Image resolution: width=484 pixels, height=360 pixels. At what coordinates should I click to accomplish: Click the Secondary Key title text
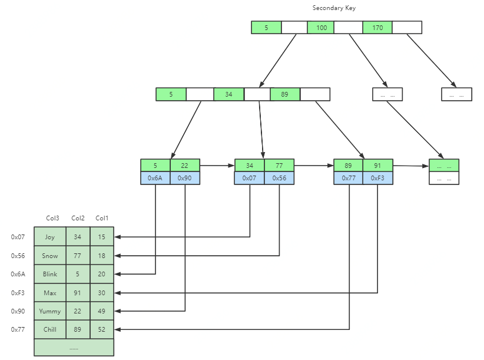[334, 8]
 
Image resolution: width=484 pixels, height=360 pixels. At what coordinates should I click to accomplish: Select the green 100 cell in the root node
[321, 28]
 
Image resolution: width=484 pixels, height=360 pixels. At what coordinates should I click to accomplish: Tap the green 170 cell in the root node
[377, 28]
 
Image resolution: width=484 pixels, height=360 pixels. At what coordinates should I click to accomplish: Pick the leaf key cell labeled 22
[185, 166]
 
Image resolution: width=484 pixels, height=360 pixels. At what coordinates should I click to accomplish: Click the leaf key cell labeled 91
[377, 166]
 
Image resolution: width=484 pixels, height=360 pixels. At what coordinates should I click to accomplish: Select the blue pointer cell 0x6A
[155, 178]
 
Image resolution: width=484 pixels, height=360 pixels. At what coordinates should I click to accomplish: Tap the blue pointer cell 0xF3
[377, 178]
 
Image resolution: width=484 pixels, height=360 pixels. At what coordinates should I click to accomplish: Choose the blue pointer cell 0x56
[279, 178]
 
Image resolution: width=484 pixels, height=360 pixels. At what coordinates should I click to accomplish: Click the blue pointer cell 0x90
[185, 178]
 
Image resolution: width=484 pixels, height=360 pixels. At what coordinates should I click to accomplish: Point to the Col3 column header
[52, 219]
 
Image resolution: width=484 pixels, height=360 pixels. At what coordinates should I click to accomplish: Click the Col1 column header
[102, 219]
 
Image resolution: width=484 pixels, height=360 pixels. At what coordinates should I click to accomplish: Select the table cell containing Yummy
[50, 311]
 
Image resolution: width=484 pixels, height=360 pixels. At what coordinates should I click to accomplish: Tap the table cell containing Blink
[50, 274]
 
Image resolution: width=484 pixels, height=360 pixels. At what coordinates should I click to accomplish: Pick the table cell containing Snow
[50, 256]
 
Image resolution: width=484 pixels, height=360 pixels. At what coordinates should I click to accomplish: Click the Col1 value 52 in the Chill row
[102, 329]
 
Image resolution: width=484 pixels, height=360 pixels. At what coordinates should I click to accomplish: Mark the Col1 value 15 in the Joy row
[102, 237]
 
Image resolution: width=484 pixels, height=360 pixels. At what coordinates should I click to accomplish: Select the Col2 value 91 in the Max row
[78, 293]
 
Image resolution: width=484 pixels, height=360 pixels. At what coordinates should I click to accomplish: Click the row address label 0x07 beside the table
[17, 237]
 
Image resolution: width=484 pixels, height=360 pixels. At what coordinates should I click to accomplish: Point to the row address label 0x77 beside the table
[17, 329]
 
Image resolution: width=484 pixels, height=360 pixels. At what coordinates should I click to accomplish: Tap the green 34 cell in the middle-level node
[228, 94]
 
